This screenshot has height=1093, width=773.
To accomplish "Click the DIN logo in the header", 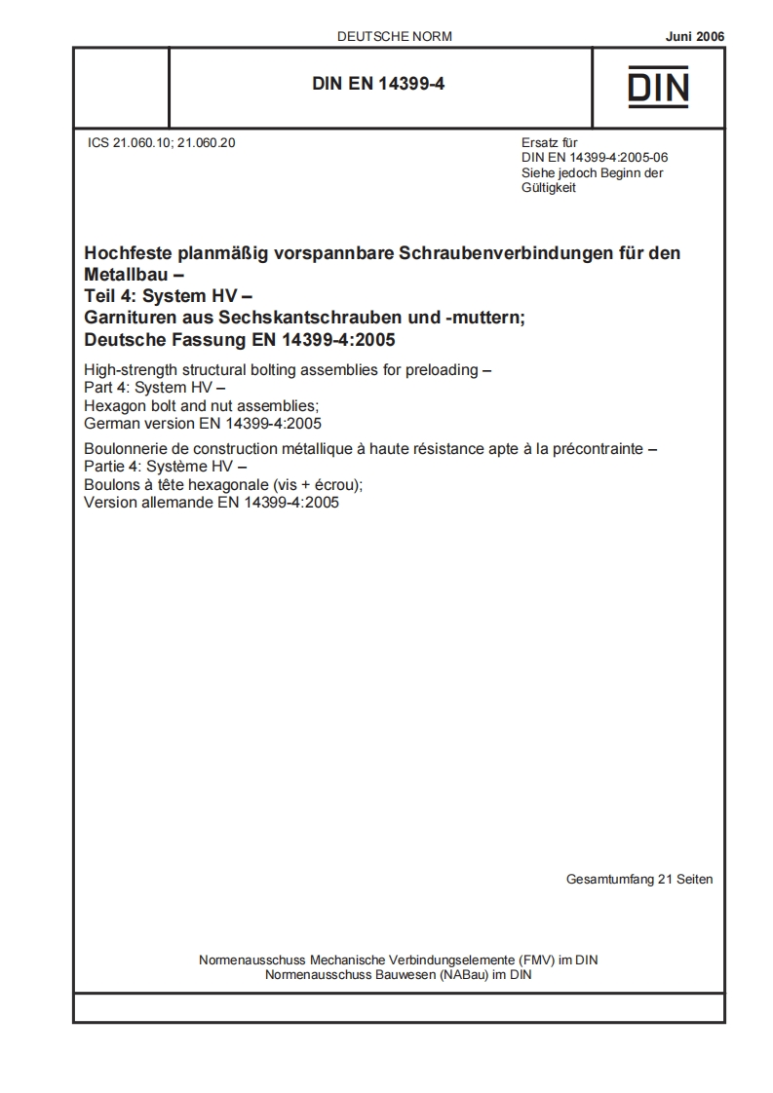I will [x=658, y=87].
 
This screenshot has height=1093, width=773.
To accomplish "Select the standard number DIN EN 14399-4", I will [x=378, y=85].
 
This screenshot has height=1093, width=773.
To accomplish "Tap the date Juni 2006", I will [x=695, y=37].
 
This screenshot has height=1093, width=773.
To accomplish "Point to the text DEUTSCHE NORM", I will [x=394, y=37].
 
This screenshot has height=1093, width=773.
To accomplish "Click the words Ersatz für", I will [x=550, y=142].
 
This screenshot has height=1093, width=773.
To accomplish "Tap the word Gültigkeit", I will [x=550, y=188].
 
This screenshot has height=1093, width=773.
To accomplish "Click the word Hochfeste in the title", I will [x=131, y=253].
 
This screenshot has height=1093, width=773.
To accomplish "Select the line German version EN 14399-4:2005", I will [x=204, y=423].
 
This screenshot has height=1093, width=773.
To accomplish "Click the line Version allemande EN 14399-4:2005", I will [x=212, y=504].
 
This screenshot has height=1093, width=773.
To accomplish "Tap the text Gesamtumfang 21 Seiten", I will [x=638, y=880].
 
